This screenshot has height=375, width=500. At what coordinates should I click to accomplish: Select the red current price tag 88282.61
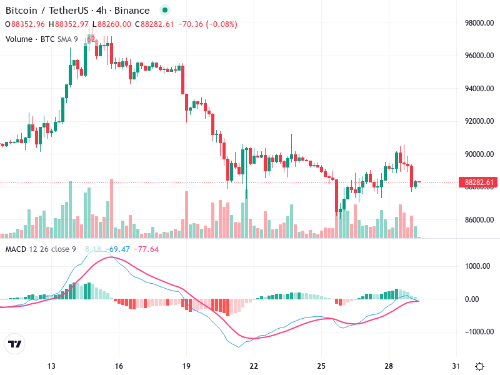(x=480, y=182)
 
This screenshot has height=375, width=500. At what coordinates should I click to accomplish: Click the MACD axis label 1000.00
(x=477, y=266)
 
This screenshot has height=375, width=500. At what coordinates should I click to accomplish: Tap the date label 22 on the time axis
(x=254, y=366)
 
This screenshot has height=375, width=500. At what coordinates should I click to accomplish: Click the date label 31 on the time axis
(x=456, y=366)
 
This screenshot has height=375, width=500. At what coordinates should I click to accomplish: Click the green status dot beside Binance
(x=164, y=11)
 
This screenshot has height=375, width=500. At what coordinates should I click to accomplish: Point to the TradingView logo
(x=14, y=344)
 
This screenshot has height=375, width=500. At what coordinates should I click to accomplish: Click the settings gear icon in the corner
(x=479, y=366)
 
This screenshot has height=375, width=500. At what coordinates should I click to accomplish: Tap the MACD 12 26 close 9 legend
(x=41, y=249)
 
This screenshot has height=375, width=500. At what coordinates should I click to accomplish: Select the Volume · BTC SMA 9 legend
(x=42, y=39)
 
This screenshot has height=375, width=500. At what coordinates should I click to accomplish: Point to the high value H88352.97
(x=72, y=24)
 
